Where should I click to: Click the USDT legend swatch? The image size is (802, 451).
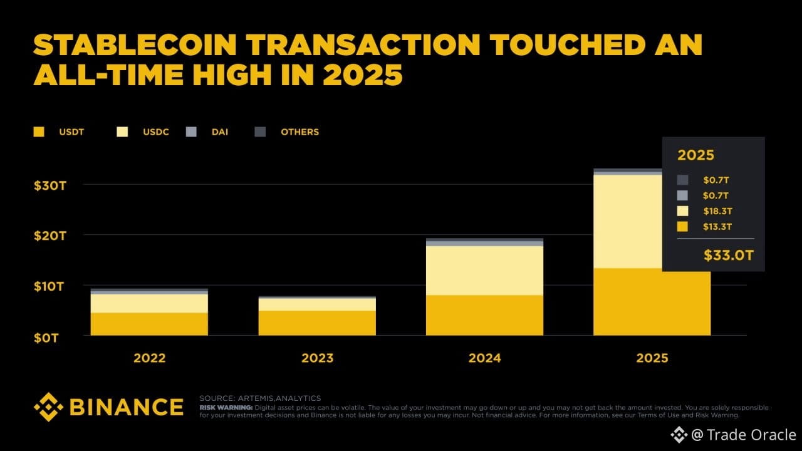coord(39,132)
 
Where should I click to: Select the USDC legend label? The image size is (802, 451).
coord(155,132)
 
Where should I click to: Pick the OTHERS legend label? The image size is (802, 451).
coord(299,132)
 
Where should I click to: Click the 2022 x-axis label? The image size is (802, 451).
coord(150,358)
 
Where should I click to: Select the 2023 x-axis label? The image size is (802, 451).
coord(317,358)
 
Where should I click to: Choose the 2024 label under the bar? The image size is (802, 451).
coord(484,358)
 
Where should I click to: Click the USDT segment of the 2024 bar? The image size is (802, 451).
coord(484,315)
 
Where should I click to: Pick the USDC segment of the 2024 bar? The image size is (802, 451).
coord(484,270)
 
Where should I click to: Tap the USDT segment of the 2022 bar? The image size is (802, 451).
coord(150,324)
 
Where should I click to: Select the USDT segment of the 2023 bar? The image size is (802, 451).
coord(317,323)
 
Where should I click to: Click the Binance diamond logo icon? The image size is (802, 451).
coord(48,407)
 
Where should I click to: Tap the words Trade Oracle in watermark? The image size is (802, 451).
coord(751,435)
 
